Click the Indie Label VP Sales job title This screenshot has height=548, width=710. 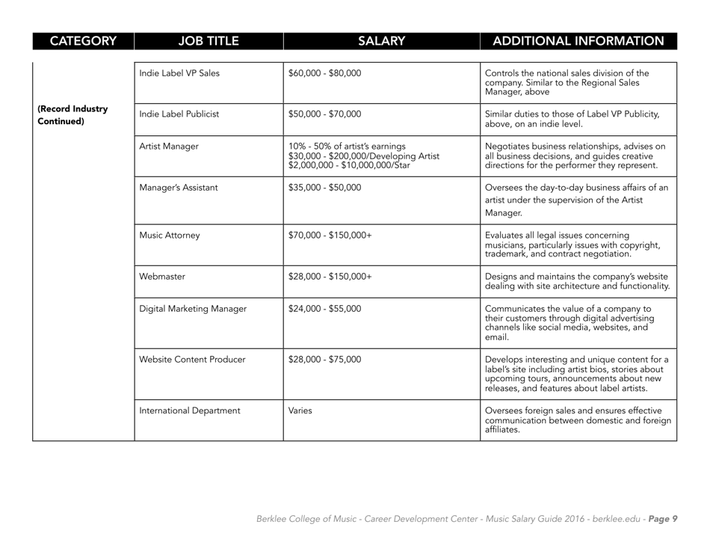pyautogui.click(x=179, y=73)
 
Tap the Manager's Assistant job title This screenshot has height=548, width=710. pyautogui.click(x=177, y=188)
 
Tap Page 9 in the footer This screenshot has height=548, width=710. pyautogui.click(x=661, y=519)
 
